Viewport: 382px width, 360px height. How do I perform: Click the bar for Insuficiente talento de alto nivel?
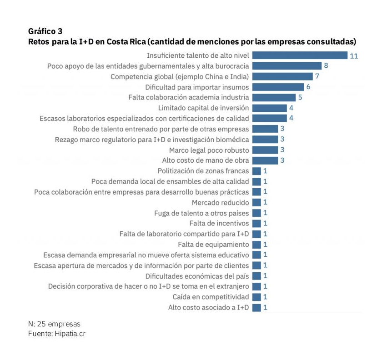click(x=300, y=55)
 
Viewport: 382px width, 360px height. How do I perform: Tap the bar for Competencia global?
click(x=282, y=76)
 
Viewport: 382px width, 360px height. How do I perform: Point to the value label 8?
click(x=326, y=66)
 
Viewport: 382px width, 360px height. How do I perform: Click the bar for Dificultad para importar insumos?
click(x=278, y=87)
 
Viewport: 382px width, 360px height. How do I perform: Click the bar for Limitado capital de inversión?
click(x=269, y=108)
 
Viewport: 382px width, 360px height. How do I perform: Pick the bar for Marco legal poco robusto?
click(x=265, y=150)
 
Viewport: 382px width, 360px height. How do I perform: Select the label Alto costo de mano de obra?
click(x=206, y=160)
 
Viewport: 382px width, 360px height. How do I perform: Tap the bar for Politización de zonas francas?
click(x=256, y=171)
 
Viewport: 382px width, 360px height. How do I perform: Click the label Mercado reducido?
click(x=220, y=202)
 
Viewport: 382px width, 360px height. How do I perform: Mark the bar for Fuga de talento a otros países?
click(x=256, y=213)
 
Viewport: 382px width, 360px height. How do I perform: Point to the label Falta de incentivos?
click(x=219, y=223)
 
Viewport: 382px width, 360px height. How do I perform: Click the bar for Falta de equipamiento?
click(x=256, y=245)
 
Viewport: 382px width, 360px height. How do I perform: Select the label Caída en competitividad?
click(x=211, y=297)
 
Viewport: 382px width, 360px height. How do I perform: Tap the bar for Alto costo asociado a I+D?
click(x=256, y=308)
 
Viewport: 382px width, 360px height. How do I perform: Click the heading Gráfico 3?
click(x=45, y=31)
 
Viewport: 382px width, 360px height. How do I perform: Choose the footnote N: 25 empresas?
click(x=54, y=324)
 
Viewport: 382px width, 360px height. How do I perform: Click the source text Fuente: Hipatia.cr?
click(x=57, y=334)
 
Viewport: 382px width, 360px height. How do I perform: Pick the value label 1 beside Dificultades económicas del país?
click(x=265, y=276)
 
